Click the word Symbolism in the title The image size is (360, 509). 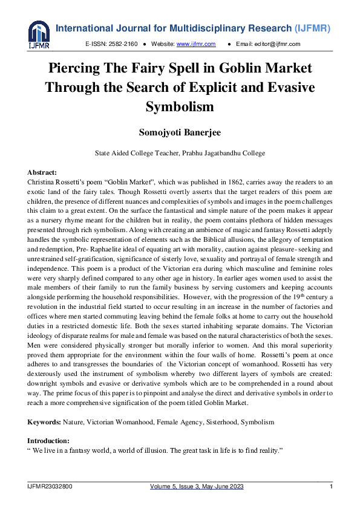(180, 106)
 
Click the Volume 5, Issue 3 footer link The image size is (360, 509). (197, 487)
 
